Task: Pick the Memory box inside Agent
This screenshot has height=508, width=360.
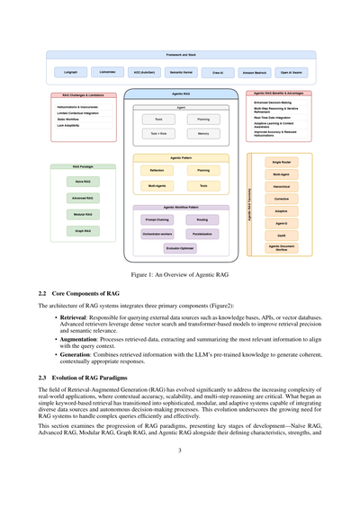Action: tap(203, 133)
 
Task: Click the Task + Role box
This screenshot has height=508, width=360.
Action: tap(158, 133)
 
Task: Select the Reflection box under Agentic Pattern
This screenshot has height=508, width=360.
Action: tap(157, 169)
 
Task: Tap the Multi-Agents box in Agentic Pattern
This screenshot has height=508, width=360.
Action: tap(157, 186)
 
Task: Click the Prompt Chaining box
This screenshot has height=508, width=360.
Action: tap(157, 218)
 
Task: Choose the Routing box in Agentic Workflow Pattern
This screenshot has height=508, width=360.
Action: tap(202, 218)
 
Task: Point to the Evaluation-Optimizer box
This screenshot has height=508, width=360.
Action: tap(180, 248)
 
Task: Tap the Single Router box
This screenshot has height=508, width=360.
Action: tap(281, 162)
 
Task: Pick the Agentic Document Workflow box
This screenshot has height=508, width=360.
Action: tap(281, 247)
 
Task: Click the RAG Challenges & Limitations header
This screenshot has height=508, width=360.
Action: tap(88, 94)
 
